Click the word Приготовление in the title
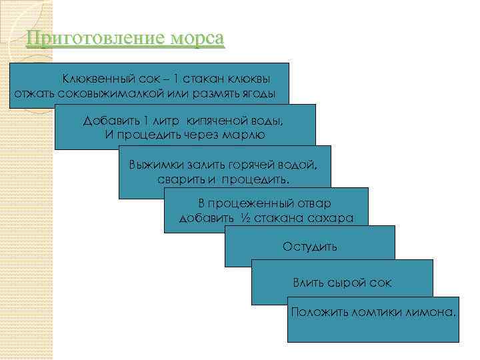pos(91,38)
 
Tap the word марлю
pos(246,134)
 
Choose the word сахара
pos(329,218)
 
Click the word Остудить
pos(310,247)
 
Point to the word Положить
pos(315,312)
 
